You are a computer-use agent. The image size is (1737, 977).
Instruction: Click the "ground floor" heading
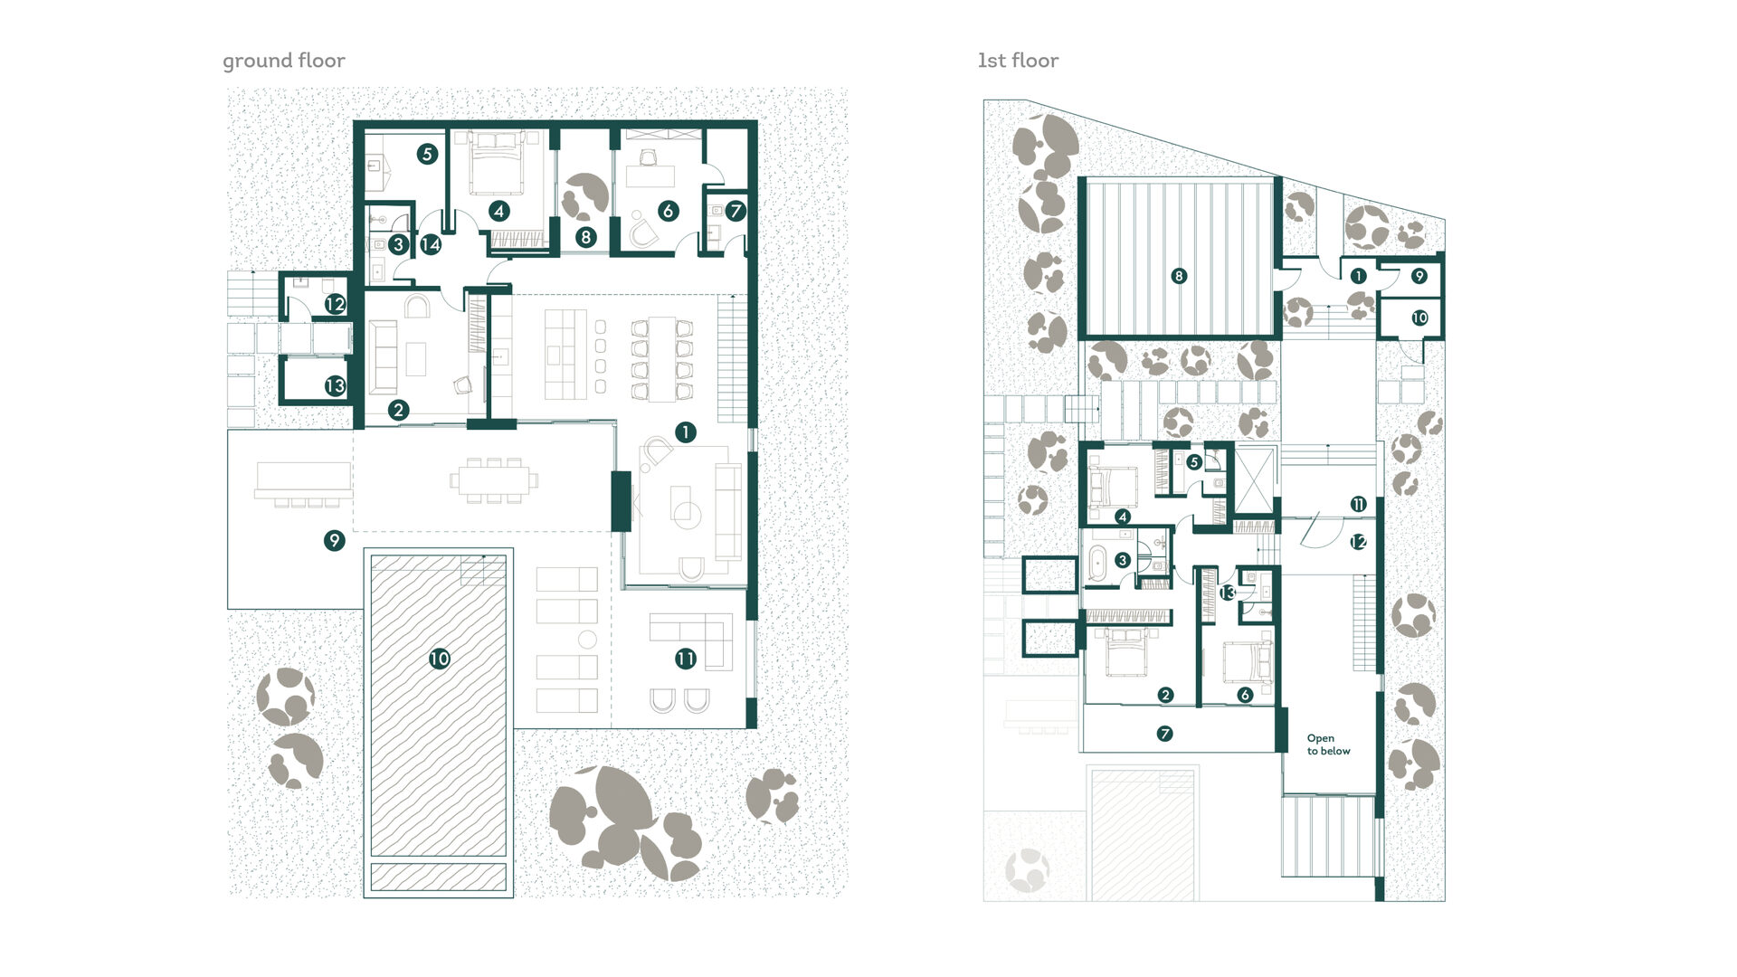[x=284, y=61]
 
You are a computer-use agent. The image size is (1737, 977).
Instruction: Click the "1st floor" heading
[x=1018, y=61]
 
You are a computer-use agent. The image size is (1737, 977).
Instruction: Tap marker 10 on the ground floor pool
[x=440, y=659]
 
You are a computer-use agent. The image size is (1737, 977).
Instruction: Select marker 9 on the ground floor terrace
[x=335, y=541]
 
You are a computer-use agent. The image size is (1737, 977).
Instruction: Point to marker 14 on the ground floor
[x=431, y=244]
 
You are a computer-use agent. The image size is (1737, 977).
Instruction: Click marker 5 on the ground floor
[x=427, y=154]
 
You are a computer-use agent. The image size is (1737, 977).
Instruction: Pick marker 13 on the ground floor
[x=335, y=386]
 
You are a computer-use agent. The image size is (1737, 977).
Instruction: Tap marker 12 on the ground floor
[x=335, y=304]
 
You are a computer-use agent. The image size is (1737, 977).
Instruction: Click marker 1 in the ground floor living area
[x=686, y=432]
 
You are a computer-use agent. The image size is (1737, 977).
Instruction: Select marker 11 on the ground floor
[x=686, y=659]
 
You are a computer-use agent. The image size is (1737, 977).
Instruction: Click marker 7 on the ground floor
[x=735, y=211]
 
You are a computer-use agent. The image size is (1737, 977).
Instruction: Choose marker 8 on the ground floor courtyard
[x=586, y=238]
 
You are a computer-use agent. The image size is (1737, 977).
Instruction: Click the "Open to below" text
[x=1328, y=745]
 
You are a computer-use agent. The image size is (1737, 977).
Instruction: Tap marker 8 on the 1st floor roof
[x=1178, y=276]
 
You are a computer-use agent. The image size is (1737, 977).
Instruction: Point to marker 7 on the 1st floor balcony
[x=1165, y=734]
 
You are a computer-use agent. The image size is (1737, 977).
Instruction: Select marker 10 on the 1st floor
[x=1419, y=318]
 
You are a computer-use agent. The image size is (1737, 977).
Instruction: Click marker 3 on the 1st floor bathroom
[x=1123, y=561]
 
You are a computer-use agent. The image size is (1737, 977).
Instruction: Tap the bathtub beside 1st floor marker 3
[x=1096, y=563]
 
